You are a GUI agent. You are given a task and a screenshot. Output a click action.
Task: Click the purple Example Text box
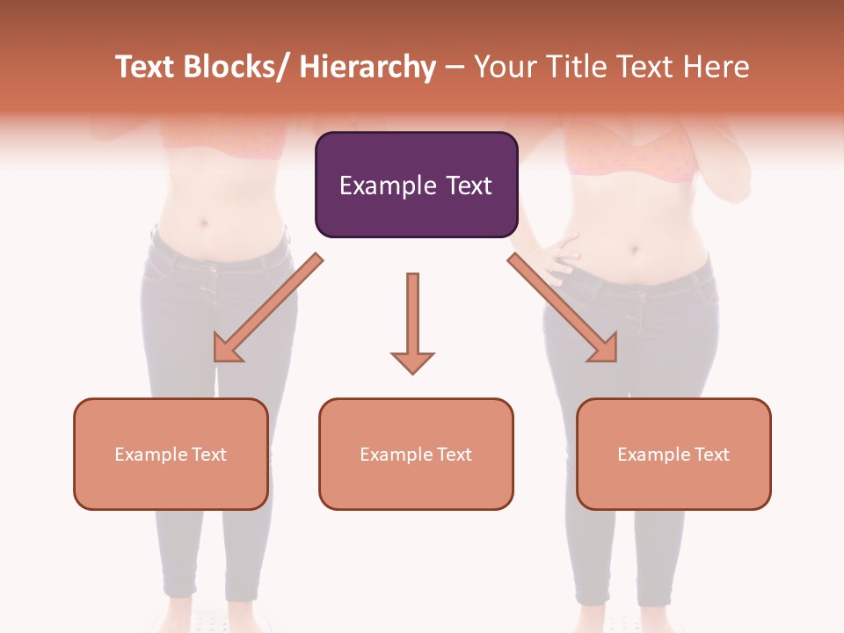click(416, 185)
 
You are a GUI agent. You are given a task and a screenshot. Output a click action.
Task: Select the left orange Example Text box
click(171, 454)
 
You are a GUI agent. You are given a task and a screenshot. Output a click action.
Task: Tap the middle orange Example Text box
click(416, 454)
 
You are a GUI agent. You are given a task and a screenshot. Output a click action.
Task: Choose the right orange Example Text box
click(673, 454)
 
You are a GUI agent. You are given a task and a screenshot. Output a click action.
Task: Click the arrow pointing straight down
click(412, 321)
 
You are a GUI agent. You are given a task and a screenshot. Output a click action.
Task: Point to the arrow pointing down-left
click(268, 309)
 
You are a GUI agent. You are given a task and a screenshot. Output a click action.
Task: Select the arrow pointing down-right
click(563, 309)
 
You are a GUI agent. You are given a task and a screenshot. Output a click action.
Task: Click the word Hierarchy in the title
click(367, 67)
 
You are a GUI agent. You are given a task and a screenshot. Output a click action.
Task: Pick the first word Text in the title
click(144, 67)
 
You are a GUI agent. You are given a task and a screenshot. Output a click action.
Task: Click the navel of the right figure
click(634, 251)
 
